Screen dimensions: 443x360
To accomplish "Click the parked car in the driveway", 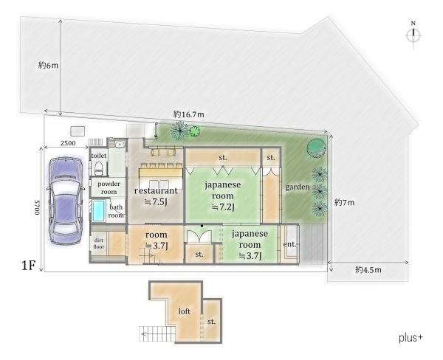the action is pos(66,201).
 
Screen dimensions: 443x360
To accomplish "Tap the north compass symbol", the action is pos(413,34).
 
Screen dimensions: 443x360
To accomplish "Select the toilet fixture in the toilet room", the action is pos(99,168).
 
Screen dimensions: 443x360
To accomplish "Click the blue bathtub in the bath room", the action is pos(99,211).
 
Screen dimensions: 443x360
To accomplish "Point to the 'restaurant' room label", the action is pos(156,190).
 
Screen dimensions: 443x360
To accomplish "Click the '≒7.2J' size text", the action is pos(223,207).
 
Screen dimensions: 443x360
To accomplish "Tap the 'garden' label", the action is pos(298,187).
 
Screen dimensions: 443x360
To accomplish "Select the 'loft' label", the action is pos(184,311).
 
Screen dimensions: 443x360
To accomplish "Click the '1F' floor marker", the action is pos(28,266).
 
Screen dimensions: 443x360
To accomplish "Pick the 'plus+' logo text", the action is pos(411,337).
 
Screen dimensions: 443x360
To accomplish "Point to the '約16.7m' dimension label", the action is pos(188,114).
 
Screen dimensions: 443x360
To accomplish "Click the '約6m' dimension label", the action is pos(48,65).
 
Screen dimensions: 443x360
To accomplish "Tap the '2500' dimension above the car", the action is pos(68,143).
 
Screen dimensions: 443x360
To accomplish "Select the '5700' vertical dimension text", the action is pos(37,207).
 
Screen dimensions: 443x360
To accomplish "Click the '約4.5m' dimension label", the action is pos(368,270).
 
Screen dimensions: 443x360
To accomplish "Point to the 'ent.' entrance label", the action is pos(290,244).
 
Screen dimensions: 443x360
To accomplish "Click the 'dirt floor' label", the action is pos(99,243).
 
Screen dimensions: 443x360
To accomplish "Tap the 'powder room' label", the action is pos(109,188).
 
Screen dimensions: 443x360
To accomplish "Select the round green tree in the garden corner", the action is pos(317,148).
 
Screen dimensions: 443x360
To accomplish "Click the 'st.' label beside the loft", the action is pos(211,322).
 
